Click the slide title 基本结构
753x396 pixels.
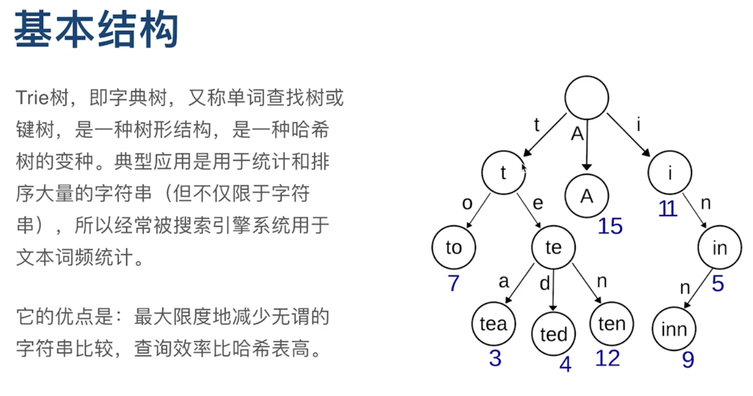pyautogui.click(x=96, y=31)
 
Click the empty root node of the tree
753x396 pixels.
pyautogui.click(x=587, y=98)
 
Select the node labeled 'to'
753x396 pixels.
pyautogui.click(x=454, y=248)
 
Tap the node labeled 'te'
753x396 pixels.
pyautogui.click(x=553, y=248)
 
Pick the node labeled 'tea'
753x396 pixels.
pyautogui.click(x=493, y=323)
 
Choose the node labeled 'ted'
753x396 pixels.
pyautogui.click(x=553, y=334)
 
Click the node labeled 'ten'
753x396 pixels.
pyautogui.click(x=612, y=323)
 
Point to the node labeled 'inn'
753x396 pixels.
pyautogui.click(x=674, y=329)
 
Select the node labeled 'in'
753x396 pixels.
pyautogui.click(x=719, y=248)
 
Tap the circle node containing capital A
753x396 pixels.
pyautogui.click(x=587, y=196)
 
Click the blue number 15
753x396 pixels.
pyautogui.click(x=610, y=226)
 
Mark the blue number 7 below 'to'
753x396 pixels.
pyautogui.click(x=453, y=283)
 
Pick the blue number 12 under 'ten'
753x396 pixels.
pyautogui.click(x=608, y=359)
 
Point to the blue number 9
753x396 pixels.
pyautogui.click(x=688, y=360)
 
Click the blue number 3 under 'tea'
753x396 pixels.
pyautogui.click(x=495, y=359)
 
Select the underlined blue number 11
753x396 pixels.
pyautogui.click(x=667, y=208)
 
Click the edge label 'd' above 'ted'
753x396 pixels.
pyautogui.click(x=544, y=284)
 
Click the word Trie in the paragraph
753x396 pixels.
pyautogui.click(x=33, y=98)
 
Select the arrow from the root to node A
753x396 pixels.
pyautogui.click(x=587, y=144)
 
